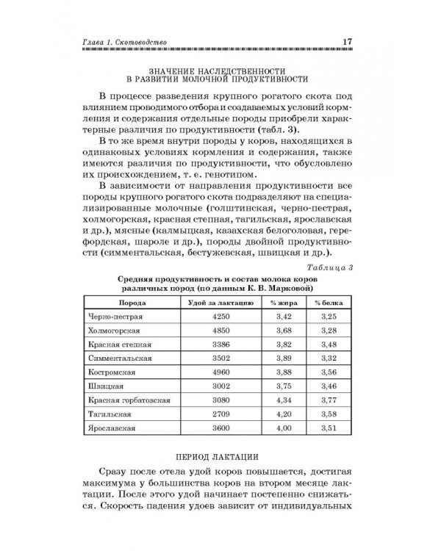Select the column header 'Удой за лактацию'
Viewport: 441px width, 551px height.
pos(209,301)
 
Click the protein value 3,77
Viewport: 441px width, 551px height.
pos(329,400)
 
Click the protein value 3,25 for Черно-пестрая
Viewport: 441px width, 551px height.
pos(329,316)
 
